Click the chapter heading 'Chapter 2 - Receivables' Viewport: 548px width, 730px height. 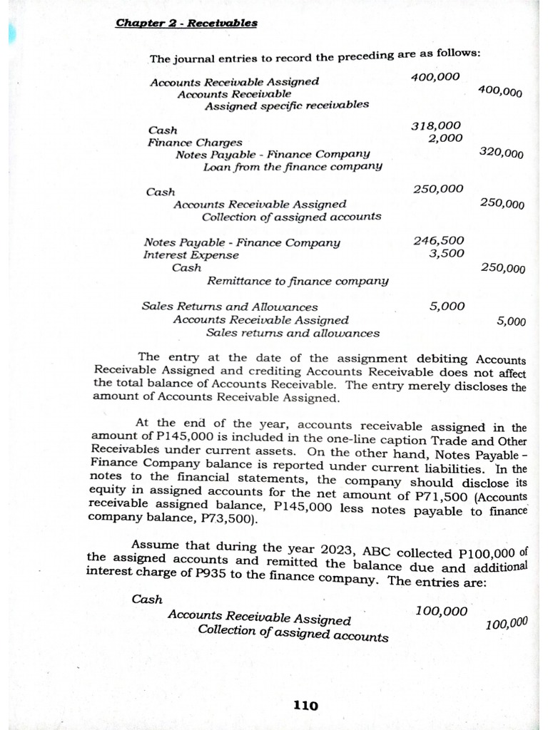(x=186, y=23)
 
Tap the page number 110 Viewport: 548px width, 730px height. (x=305, y=706)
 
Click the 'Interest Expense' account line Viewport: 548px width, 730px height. (x=191, y=255)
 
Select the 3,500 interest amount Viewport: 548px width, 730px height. (x=446, y=253)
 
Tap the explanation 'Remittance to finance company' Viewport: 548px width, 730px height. (x=298, y=281)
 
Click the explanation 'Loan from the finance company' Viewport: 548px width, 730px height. (x=293, y=167)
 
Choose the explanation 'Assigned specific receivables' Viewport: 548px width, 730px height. (x=287, y=106)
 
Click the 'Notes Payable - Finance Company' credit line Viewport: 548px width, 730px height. (x=273, y=154)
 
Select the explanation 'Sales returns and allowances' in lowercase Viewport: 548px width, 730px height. (x=293, y=333)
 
